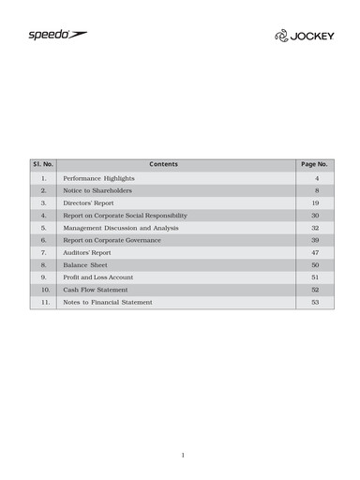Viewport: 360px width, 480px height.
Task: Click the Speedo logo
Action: pyautogui.click(x=59, y=35)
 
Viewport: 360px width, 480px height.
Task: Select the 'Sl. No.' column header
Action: pyautogui.click(x=41, y=164)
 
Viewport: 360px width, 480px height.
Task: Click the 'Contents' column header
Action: pyautogui.click(x=176, y=164)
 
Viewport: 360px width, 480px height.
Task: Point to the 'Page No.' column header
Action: pyautogui.click(x=314, y=164)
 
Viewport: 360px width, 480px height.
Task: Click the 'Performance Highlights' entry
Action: pyautogui.click(x=98, y=177)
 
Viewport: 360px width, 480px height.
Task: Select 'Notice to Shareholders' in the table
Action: pyautogui.click(x=97, y=190)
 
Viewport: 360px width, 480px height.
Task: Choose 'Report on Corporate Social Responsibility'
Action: pyautogui.click(x=125, y=215)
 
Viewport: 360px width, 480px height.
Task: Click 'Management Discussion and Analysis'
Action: pyautogui.click(x=119, y=228)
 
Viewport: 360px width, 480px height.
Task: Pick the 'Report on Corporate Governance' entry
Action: pyautogui.click(x=112, y=240)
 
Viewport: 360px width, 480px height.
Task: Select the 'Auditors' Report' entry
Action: pyautogui.click(x=86, y=252)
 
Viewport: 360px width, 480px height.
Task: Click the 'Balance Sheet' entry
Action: pyautogui.click(x=82, y=265)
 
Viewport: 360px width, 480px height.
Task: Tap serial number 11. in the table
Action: pyautogui.click(x=44, y=303)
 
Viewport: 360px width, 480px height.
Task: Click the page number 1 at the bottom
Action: pyautogui.click(x=183, y=455)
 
